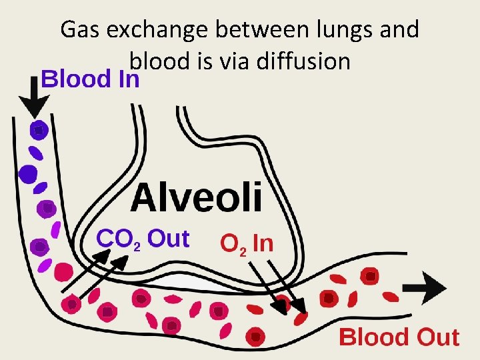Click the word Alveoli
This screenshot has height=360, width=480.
coord(197,197)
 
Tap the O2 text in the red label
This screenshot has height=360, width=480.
coord(234,244)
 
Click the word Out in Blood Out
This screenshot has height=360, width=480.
coord(437,337)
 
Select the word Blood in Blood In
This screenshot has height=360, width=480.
coord(73,79)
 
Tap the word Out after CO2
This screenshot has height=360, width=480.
coord(168,237)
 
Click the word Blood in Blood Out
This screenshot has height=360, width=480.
coord(373,337)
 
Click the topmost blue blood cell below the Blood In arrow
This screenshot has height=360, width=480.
coord(39,130)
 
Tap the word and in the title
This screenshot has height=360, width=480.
coord(399,30)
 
